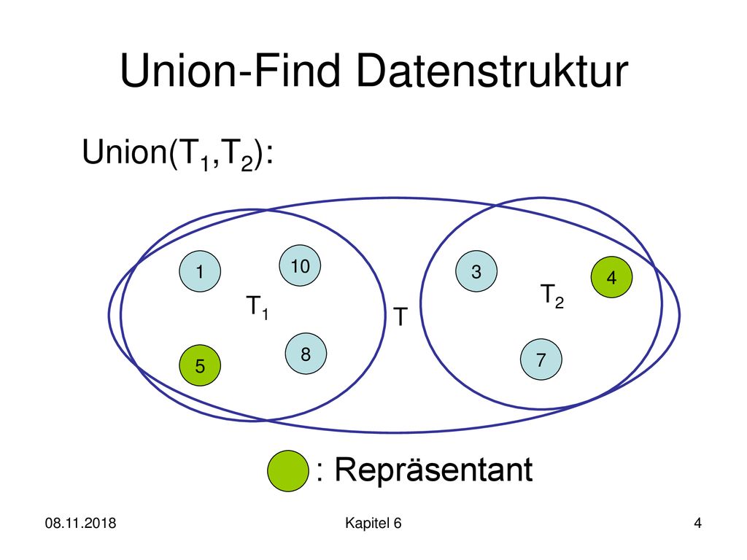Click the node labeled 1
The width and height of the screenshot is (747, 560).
click(200, 271)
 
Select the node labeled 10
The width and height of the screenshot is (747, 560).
click(300, 265)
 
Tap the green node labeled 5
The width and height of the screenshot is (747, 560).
click(200, 365)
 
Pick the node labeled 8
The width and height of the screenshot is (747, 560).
click(306, 354)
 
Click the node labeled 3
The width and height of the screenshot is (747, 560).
click(476, 271)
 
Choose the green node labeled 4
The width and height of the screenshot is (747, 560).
click(612, 277)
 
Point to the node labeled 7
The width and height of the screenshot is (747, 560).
click(541, 359)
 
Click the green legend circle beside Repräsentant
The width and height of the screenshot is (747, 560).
click(287, 470)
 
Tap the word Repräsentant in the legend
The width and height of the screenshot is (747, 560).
click(433, 470)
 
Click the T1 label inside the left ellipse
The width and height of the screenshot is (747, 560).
click(258, 307)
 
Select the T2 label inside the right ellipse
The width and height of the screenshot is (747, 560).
click(552, 296)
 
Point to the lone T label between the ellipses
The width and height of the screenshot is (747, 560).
click(400, 316)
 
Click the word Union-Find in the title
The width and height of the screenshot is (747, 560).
click(231, 71)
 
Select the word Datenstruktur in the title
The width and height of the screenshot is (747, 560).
click(492, 71)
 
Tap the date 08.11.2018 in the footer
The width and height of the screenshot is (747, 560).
click(80, 523)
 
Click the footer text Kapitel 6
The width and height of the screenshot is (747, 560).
click(373, 523)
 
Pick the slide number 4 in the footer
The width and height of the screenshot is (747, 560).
click(698, 523)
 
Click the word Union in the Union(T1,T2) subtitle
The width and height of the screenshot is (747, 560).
click(123, 152)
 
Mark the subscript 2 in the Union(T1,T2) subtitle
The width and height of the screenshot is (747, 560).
click(247, 163)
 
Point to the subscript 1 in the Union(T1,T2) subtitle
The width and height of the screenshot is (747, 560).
click(205, 163)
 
